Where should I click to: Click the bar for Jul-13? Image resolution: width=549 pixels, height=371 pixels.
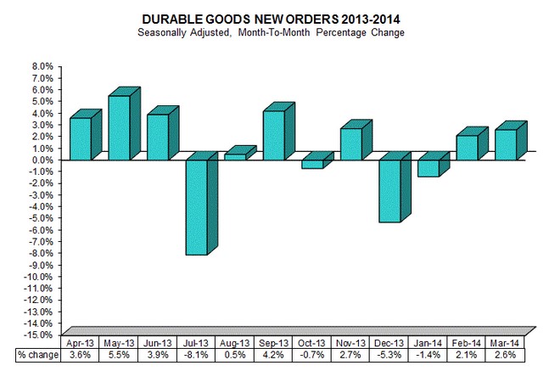(195, 206)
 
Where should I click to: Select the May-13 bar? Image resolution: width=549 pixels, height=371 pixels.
(119, 127)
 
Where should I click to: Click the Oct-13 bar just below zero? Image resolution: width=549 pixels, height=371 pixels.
(311, 163)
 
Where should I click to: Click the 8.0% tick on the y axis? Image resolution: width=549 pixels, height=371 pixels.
(42, 66)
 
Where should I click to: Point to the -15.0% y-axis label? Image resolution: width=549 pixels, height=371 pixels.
(39, 335)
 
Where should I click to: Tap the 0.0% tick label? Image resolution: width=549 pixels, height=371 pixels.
(42, 160)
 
